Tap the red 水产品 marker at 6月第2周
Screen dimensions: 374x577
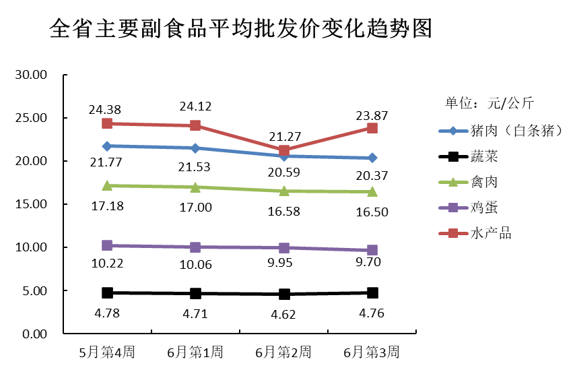284,151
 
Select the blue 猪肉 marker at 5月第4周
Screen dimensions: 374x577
107,146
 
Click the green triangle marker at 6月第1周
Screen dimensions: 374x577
195,187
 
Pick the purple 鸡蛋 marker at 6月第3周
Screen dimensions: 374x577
372,250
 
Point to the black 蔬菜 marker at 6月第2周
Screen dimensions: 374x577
284,294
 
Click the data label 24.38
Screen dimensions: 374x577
107,108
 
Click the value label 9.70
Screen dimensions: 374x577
372,262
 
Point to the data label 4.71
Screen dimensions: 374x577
195,313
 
